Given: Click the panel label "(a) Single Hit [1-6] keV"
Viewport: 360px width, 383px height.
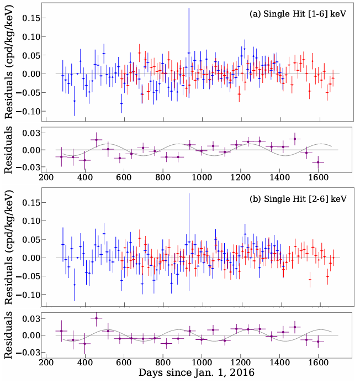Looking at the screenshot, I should point(298,14).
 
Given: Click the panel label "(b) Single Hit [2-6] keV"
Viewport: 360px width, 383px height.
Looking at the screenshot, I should point(298,198).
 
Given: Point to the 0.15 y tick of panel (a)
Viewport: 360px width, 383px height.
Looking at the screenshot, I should point(30,18).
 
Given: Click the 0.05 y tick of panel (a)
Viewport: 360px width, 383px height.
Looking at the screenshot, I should point(30,55).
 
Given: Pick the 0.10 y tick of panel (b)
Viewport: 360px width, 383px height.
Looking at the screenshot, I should point(30,221).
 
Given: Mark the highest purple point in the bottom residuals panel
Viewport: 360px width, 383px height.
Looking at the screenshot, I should point(97,318).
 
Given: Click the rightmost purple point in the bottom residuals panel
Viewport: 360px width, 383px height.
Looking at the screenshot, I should point(318,341).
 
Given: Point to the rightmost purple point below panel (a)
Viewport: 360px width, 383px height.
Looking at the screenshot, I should point(318,162).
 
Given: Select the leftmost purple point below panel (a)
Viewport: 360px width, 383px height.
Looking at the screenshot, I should point(62,157).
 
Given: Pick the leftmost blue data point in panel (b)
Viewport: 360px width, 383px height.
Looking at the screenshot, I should point(63,244).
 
